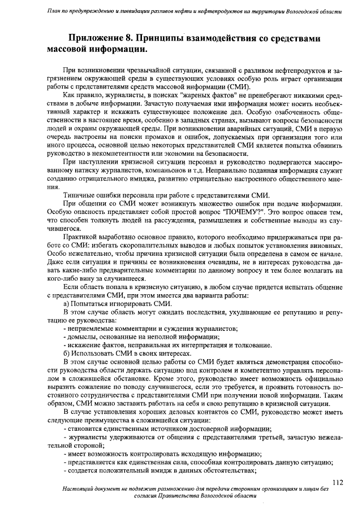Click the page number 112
(338, 482)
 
